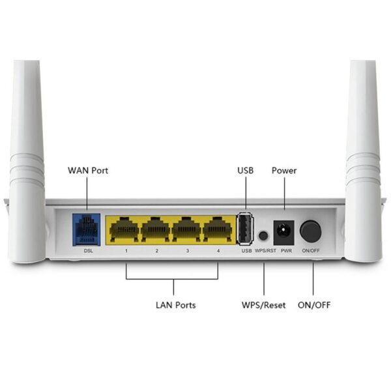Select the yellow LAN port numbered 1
tap(126, 230)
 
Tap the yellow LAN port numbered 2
tap(156, 230)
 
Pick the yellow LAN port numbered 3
tap(187, 230)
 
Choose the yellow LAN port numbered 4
tap(218, 230)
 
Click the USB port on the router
tap(246, 229)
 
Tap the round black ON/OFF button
tap(311, 231)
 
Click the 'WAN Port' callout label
tap(88, 171)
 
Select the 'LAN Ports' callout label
tap(175, 305)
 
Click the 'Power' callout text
tap(284, 171)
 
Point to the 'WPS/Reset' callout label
tap(263, 305)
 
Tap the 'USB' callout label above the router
tap(245, 171)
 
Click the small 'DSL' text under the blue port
tap(89, 251)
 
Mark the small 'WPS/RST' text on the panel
tap(265, 251)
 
